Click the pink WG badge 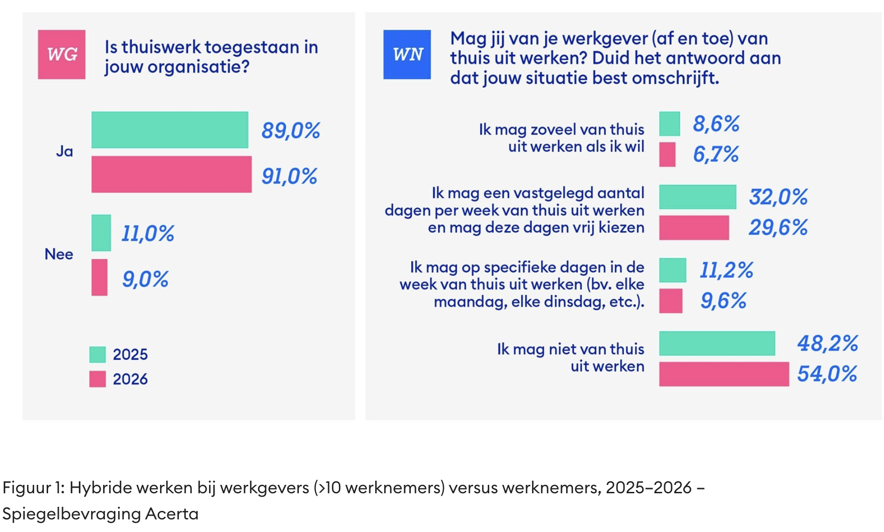click(x=62, y=55)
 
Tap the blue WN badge click(x=407, y=55)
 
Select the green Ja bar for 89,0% click(x=170, y=130)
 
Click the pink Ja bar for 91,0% click(x=171, y=175)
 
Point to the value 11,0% click(x=147, y=233)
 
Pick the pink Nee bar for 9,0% click(x=99, y=278)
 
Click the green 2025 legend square click(x=98, y=354)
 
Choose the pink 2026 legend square click(x=98, y=379)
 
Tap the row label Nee click(x=59, y=254)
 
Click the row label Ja click(x=64, y=151)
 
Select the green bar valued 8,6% click(x=669, y=124)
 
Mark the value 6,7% click(x=716, y=154)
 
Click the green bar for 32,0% click(x=697, y=197)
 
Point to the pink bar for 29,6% click(x=694, y=228)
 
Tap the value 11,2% click(x=726, y=270)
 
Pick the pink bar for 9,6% click(x=671, y=301)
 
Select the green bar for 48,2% click(x=717, y=343)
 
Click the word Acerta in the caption click(x=172, y=514)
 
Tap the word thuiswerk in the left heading click(x=161, y=47)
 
